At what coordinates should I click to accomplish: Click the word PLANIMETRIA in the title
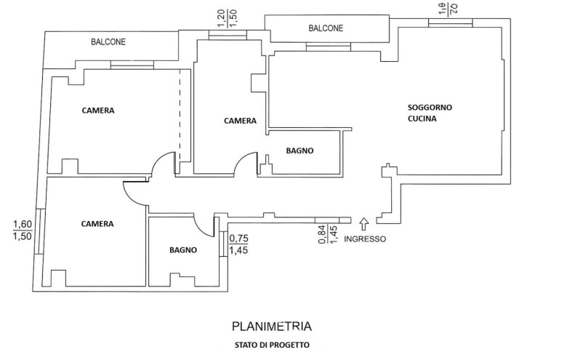[x=273, y=327]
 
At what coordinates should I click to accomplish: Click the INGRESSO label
[x=365, y=239]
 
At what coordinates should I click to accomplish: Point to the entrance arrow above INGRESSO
[x=364, y=225]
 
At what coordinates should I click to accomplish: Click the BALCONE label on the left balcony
[x=108, y=42]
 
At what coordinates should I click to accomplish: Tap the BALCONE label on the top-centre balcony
[x=325, y=28]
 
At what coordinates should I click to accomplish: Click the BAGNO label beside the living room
[x=299, y=151]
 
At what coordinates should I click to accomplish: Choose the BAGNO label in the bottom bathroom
[x=183, y=249]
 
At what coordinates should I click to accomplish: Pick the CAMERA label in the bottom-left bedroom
[x=97, y=223]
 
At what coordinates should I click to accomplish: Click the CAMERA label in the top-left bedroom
[x=98, y=111]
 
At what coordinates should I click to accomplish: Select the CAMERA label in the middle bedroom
[x=240, y=121]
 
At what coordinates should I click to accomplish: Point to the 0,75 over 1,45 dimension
[x=238, y=244]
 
